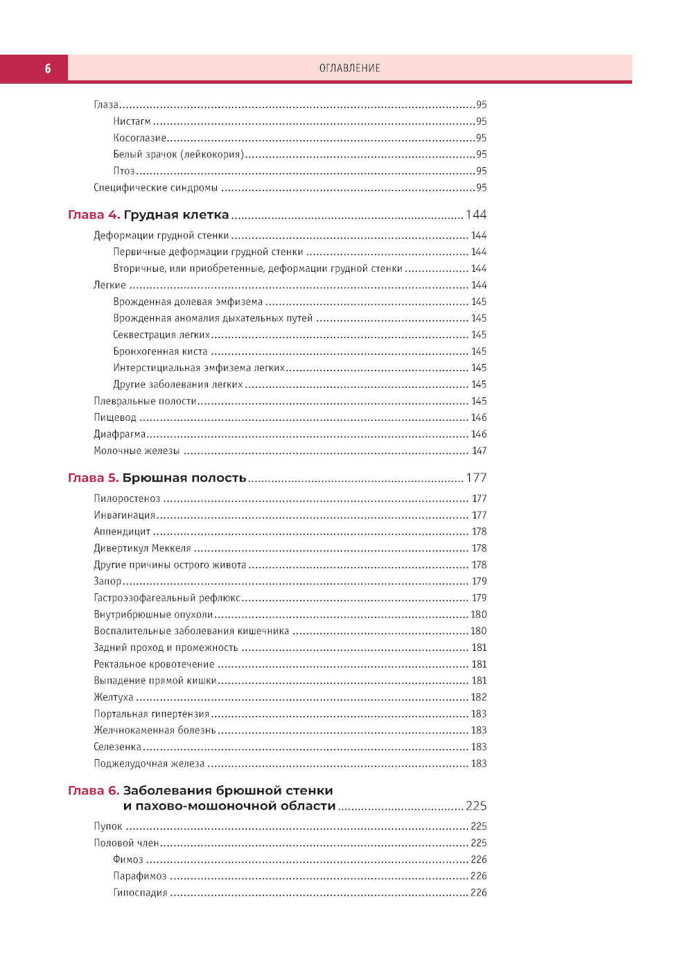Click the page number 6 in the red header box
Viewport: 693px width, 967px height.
point(47,68)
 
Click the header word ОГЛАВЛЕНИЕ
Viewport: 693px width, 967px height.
point(349,68)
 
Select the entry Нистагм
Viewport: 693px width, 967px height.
point(132,121)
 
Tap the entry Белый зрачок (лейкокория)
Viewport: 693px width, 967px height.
point(179,155)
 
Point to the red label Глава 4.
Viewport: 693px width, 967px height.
point(94,215)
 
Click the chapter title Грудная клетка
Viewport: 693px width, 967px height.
point(176,215)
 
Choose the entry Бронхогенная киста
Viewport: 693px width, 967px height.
point(160,351)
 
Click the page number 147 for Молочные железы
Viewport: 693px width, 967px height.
point(479,451)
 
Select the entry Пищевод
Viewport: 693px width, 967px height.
point(115,417)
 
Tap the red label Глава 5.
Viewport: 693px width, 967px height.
point(93,478)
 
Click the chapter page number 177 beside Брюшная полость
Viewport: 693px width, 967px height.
point(476,478)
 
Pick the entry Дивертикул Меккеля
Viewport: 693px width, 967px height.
point(142,548)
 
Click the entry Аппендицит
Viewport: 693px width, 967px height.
point(122,532)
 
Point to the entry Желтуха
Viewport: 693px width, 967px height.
point(114,697)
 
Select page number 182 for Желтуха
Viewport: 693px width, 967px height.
point(479,697)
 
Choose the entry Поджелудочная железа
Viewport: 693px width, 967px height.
point(149,763)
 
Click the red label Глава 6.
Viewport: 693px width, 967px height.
point(94,790)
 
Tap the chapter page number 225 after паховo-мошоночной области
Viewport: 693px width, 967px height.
point(476,805)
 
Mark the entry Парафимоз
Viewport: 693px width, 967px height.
point(140,876)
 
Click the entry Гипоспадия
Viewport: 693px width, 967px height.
point(140,893)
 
